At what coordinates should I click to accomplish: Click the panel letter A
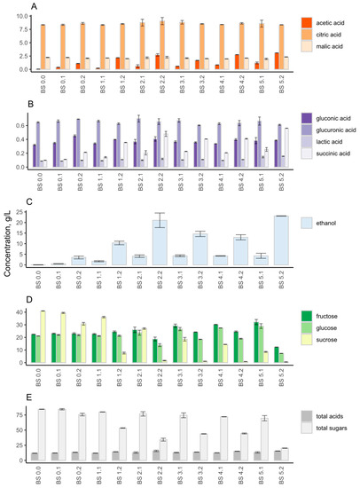pyautogui.click(x=32, y=6)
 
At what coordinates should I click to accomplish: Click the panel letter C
pyautogui.click(x=32, y=201)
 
